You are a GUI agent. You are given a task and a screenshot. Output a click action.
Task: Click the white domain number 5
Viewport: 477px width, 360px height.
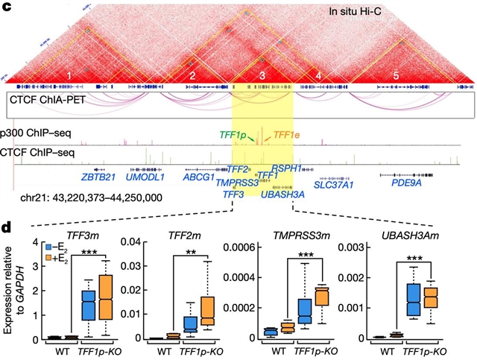coord(396,76)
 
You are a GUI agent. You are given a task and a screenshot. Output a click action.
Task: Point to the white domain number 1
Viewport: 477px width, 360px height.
coord(68,76)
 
